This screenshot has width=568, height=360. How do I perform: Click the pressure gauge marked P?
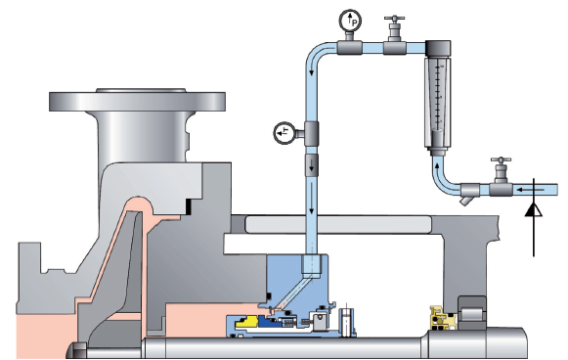pos(350,22)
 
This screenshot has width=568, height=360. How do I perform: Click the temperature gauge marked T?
pos(284,133)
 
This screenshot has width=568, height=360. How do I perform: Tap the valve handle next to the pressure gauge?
pos(395,19)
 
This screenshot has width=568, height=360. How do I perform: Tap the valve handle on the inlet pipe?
pos(501,160)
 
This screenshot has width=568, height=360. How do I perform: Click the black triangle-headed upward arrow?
pos(534,217)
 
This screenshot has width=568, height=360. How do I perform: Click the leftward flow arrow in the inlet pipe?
pos(530,189)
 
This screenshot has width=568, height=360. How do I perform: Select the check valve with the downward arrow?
pos(312,164)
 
